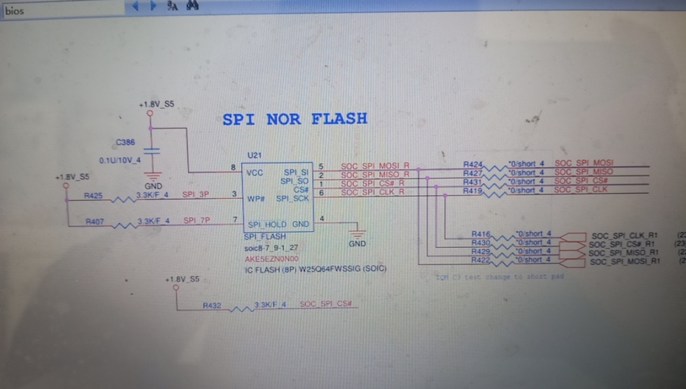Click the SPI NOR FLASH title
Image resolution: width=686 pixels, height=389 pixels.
click(295, 119)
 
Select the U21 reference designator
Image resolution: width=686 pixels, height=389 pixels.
click(254, 155)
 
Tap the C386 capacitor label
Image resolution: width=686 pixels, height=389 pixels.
click(125, 142)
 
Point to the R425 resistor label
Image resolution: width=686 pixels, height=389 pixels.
click(93, 196)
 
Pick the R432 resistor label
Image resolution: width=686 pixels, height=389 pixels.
click(212, 306)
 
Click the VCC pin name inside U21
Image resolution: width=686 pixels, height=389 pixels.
click(255, 172)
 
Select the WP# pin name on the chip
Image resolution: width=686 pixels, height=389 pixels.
click(255, 199)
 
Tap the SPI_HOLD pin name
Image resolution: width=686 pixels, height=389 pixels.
click(267, 224)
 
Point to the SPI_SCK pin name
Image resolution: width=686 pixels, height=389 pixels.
click(293, 199)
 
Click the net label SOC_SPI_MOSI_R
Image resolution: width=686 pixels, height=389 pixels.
click(375, 166)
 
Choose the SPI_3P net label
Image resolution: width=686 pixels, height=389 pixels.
click(196, 194)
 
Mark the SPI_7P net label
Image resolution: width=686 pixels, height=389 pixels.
click(197, 221)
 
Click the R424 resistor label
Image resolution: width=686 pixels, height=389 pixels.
click(473, 164)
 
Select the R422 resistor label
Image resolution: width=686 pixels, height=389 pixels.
click(480, 260)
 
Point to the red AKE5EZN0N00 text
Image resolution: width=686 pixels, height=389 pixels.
click(271, 259)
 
